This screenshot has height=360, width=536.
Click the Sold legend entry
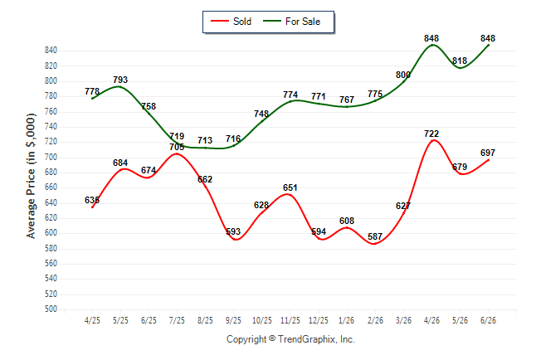pyautogui.click(x=231, y=22)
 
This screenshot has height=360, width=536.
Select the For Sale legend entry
pyautogui.click(x=291, y=22)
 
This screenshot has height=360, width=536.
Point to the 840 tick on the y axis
pyautogui.click(x=51, y=51)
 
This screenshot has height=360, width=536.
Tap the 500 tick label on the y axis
pyautogui.click(x=51, y=309)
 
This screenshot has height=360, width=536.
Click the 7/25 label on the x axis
pyautogui.click(x=177, y=320)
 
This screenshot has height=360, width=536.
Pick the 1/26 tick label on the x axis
pyautogui.click(x=347, y=320)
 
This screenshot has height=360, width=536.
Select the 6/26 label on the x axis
pyautogui.click(x=488, y=320)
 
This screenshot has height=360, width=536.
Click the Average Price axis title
pyautogui.click(x=31, y=176)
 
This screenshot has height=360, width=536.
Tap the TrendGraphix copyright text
pyautogui.click(x=290, y=339)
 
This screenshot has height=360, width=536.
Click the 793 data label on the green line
pyautogui.click(x=120, y=80)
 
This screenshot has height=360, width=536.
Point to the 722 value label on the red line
pyautogui.click(x=431, y=134)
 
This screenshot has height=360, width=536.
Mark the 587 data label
pyautogui.click(x=375, y=236)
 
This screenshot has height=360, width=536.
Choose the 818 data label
pyautogui.click(x=460, y=61)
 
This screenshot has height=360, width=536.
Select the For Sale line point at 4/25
pyautogui.click(x=92, y=99)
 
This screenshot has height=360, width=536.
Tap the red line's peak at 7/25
pyautogui.click(x=177, y=153)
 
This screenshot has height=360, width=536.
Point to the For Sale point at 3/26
pyautogui.click(x=403, y=82)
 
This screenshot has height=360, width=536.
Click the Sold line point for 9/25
pyautogui.click(x=234, y=239)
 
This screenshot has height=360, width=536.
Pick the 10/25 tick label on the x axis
pyautogui.click(x=262, y=320)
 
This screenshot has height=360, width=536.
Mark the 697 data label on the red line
pyautogui.click(x=488, y=153)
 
